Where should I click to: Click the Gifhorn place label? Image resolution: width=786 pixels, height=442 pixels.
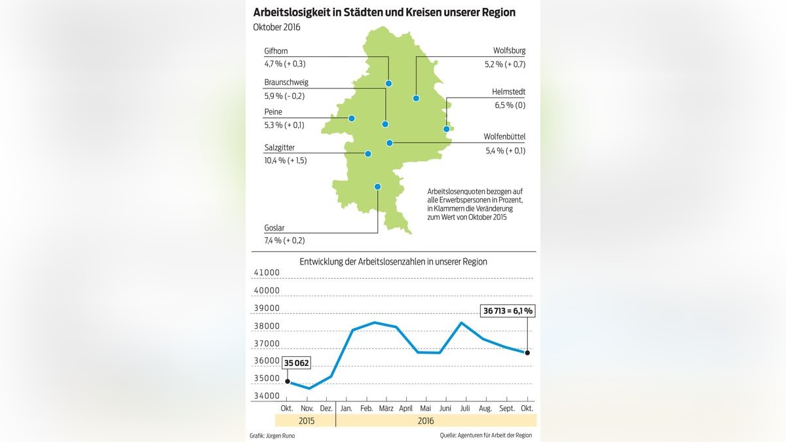276,51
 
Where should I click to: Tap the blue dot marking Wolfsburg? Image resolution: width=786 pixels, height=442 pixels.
415,98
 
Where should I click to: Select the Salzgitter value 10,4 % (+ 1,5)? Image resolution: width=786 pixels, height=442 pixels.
285,160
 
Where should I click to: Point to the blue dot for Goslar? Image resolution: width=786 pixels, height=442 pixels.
377,187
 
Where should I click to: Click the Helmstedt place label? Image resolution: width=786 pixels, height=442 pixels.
508,92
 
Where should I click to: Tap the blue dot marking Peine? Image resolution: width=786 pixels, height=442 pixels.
352,119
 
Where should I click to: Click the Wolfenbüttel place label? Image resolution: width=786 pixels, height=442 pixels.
504,136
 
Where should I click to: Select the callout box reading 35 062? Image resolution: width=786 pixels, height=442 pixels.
297,363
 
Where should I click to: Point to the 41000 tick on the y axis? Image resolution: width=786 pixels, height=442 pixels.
267,273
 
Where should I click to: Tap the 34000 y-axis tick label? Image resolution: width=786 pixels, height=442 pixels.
267,396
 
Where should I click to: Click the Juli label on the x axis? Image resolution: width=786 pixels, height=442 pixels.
465,409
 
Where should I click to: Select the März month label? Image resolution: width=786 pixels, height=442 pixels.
386,409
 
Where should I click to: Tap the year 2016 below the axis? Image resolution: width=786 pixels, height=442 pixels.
425,421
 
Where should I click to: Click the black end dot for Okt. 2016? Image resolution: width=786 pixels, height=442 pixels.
528,352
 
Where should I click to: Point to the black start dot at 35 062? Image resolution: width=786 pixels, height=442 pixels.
287,381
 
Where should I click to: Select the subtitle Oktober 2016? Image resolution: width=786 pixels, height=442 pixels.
277,27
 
